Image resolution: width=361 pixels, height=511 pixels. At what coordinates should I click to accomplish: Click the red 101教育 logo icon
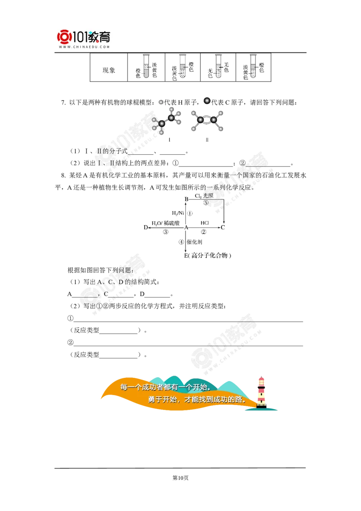pyautogui.click(x=64, y=37)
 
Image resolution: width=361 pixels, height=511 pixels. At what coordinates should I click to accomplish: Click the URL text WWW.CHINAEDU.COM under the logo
pyautogui.click(x=84, y=47)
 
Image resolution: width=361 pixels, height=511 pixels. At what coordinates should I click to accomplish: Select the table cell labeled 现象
pyautogui.click(x=109, y=70)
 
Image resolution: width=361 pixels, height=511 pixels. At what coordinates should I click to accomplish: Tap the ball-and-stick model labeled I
pyautogui.click(x=166, y=121)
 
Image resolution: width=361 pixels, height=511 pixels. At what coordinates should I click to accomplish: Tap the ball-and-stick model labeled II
pyautogui.click(x=207, y=121)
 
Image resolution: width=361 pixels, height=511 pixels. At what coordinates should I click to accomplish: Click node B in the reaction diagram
pyautogui.click(x=186, y=199)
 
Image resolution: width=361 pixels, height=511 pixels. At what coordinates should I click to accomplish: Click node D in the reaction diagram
pyautogui.click(x=146, y=228)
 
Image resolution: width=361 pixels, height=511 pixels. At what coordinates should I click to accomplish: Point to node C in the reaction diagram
pyautogui.click(x=223, y=228)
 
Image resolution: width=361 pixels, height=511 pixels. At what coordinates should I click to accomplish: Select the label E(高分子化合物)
pyautogui.click(x=208, y=255)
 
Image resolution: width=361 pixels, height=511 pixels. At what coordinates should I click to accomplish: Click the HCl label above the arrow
pyautogui.click(x=204, y=223)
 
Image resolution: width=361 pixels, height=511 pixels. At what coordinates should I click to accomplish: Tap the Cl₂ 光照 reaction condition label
pyautogui.click(x=204, y=196)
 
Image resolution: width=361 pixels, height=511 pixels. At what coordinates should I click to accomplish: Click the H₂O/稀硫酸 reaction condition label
pyautogui.click(x=166, y=223)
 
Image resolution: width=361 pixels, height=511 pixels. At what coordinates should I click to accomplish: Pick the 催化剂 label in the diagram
pyautogui.click(x=194, y=242)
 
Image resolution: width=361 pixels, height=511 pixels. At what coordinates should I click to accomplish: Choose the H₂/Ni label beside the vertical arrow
pyautogui.click(x=178, y=213)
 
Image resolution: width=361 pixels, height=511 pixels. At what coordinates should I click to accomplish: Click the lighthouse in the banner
pyautogui.click(x=261, y=392)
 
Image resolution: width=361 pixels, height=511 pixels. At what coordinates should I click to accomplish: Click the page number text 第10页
pyautogui.click(x=180, y=478)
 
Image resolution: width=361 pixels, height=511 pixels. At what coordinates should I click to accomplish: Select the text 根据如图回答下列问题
pyautogui.click(x=99, y=270)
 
